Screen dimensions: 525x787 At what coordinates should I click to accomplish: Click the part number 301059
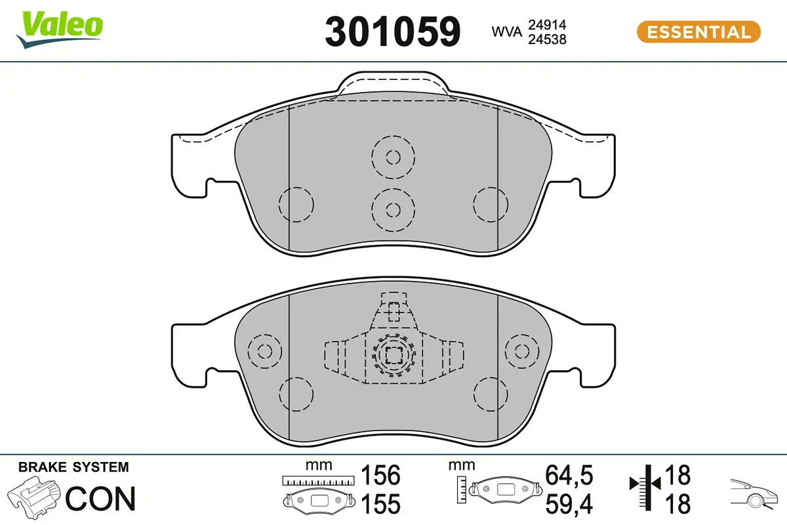coord(393,31)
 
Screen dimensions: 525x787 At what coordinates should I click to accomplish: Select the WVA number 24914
coord(547,24)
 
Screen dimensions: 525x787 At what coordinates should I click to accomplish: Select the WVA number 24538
coord(547,39)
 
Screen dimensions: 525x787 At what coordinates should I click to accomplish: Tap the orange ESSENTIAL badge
coord(698,31)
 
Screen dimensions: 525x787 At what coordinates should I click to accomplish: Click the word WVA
coord(506,31)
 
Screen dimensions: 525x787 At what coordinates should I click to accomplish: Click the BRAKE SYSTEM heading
coord(73,467)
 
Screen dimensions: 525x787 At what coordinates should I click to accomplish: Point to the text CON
coord(101,499)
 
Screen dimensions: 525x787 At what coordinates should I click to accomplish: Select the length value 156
coord(381,474)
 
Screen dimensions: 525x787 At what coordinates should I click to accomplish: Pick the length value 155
coord(381,505)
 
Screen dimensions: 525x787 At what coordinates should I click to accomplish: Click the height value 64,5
coord(569,474)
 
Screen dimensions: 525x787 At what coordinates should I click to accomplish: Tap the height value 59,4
coord(569,505)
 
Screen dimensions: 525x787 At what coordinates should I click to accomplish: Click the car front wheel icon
coord(754,495)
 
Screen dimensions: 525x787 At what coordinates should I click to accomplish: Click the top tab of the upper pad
coord(393,84)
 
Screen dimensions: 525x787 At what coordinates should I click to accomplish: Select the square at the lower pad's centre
coord(393,356)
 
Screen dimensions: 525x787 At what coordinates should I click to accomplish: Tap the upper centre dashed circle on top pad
coord(393,157)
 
